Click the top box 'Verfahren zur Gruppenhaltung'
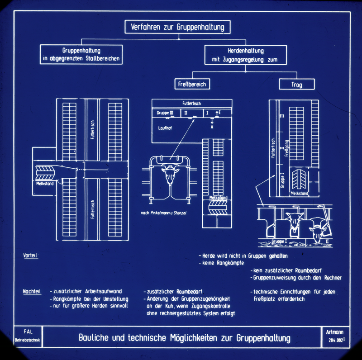(177, 27)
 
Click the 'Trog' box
(296, 85)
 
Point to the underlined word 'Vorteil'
(30, 256)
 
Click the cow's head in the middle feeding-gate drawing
(171, 174)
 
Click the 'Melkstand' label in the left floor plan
(45, 183)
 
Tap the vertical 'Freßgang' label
(286, 147)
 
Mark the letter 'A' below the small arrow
(212, 127)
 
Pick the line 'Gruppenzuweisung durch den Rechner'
(297, 278)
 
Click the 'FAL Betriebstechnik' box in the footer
(28, 335)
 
